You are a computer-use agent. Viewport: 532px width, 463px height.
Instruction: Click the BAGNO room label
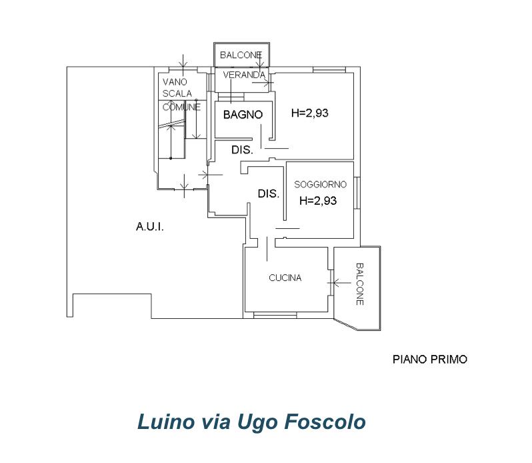pyautogui.click(x=243, y=115)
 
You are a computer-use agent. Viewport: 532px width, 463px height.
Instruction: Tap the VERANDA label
pyautogui.click(x=244, y=75)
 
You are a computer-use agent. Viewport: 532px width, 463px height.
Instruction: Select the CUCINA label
pyautogui.click(x=285, y=278)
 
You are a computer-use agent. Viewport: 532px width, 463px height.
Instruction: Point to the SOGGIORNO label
pyautogui.click(x=320, y=184)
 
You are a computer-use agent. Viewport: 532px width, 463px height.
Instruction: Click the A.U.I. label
pyautogui.click(x=149, y=226)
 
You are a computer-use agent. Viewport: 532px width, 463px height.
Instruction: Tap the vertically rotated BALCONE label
pyautogui.click(x=360, y=284)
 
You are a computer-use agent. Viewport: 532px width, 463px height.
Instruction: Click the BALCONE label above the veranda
pyautogui.click(x=241, y=55)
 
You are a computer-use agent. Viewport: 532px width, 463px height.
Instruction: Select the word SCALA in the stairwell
pyautogui.click(x=177, y=93)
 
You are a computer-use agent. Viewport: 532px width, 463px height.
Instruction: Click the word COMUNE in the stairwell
pyautogui.click(x=181, y=107)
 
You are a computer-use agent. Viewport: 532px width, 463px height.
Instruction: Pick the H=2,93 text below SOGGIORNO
pyautogui.click(x=318, y=201)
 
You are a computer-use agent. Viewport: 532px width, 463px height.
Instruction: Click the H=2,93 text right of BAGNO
pyautogui.click(x=310, y=113)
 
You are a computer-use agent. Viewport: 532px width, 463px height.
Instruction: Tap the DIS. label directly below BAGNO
pyautogui.click(x=242, y=149)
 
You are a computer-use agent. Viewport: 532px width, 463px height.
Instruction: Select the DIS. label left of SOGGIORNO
pyautogui.click(x=269, y=193)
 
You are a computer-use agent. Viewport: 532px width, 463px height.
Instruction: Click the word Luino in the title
pyautogui.click(x=166, y=422)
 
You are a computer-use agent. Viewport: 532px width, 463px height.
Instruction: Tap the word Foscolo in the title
pyautogui.click(x=325, y=422)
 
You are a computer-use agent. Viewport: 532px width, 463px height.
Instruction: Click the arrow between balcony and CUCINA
pyautogui.click(x=339, y=282)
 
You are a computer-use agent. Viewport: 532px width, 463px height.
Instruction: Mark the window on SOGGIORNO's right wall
pyautogui.click(x=357, y=193)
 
